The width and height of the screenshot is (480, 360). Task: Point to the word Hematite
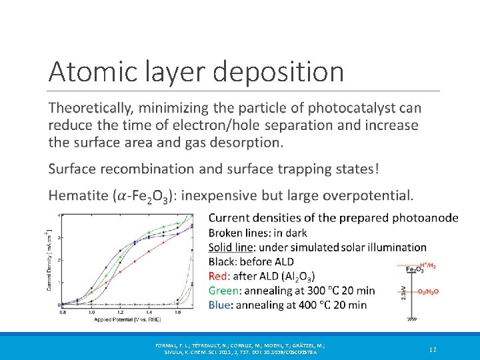[79, 196]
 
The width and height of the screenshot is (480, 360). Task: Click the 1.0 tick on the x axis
[91, 311]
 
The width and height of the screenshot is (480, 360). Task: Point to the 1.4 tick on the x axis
[149, 311]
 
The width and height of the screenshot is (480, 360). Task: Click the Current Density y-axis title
[49, 260]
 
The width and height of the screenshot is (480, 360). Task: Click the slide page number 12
[433, 349]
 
